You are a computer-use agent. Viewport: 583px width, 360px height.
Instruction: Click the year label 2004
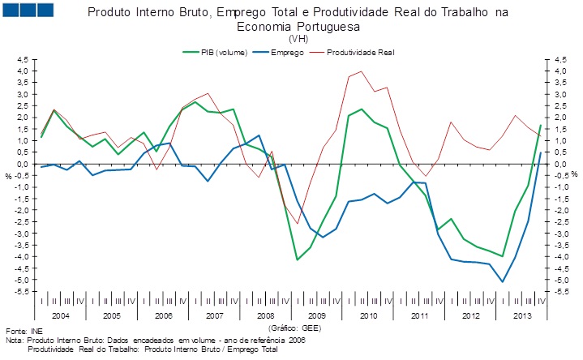pyautogui.click(x=61, y=312)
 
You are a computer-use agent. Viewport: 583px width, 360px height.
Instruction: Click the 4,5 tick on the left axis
pyautogui.click(x=23, y=59)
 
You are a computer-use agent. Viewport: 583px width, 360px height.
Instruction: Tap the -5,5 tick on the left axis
pyautogui.click(x=21, y=291)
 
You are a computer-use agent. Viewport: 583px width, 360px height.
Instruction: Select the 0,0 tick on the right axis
pyautogui.click(x=559, y=164)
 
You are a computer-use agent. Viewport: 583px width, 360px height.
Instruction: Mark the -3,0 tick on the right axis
pyautogui.click(x=560, y=234)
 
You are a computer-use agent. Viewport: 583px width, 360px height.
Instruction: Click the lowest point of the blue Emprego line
pyautogui.click(x=503, y=282)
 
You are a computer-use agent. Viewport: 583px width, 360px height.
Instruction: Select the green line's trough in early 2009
pyautogui.click(x=298, y=259)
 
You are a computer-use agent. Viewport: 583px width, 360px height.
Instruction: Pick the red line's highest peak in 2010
pyautogui.click(x=361, y=71)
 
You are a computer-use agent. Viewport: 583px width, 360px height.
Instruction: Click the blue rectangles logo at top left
pyautogui.click(x=29, y=11)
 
